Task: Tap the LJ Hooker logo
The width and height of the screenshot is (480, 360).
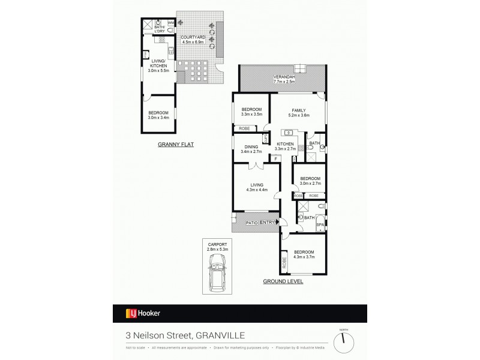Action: click(142, 313)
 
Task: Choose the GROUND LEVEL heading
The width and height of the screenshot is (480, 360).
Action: click(283, 281)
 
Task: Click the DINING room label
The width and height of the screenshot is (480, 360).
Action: click(251, 147)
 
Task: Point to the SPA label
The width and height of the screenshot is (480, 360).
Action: click(320, 224)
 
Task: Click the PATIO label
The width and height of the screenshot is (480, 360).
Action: click(253, 223)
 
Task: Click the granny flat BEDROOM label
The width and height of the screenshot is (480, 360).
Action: click(158, 113)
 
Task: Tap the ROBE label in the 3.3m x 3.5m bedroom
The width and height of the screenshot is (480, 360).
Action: click(244, 128)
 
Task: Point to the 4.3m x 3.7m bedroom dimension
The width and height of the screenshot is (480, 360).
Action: click(304, 257)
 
